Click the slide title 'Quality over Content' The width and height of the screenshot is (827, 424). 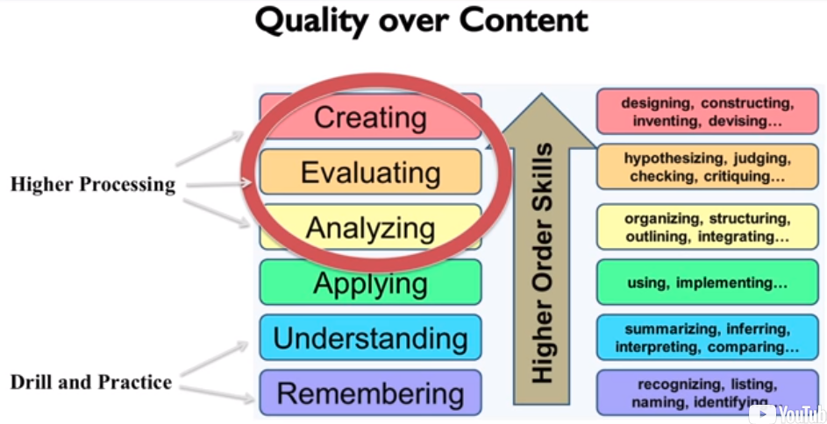coord(422,21)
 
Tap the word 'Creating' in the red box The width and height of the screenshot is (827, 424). coord(370,118)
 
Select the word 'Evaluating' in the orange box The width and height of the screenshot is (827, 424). coord(370,173)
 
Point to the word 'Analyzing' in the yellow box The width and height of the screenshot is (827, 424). coord(370,228)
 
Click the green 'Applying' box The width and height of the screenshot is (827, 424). coord(370,283)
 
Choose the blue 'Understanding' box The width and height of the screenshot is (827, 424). coord(370,337)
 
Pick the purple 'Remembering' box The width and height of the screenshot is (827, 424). coord(370,393)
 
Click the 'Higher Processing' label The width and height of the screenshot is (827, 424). coord(93,184)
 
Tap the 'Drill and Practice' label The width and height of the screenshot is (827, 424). coord(90,382)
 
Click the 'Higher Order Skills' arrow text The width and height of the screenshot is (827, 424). coord(541,262)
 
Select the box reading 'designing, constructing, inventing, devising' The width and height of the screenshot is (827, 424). coord(707,111)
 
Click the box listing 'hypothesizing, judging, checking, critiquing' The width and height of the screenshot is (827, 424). coord(707,166)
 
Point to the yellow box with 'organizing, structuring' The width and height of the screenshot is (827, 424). coord(707,227)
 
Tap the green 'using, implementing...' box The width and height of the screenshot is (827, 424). coord(707,282)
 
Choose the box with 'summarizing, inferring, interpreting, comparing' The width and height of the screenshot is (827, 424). coord(707,337)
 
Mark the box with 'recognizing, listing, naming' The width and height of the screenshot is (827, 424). coord(707,393)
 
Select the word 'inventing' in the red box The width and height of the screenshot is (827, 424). coord(667,121)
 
